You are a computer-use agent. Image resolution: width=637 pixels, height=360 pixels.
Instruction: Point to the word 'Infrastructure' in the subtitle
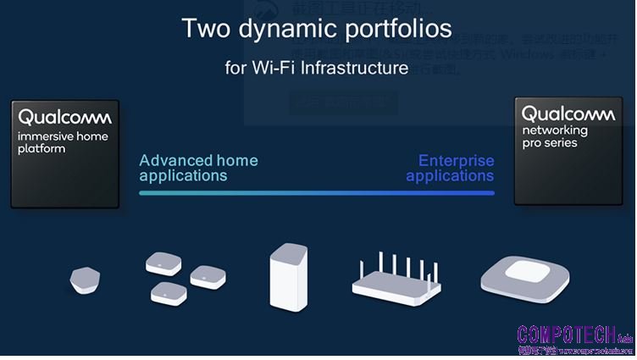coord(354,68)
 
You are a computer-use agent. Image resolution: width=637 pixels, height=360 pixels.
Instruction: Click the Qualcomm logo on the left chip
coord(64,117)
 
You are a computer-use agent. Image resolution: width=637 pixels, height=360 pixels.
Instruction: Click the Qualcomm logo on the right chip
coord(568,114)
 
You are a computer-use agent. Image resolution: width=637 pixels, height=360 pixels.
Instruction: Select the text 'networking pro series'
coord(555,137)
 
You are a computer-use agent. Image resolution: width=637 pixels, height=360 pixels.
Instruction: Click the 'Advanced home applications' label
coord(198,168)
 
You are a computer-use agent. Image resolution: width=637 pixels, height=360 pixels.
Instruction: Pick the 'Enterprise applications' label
coord(451,168)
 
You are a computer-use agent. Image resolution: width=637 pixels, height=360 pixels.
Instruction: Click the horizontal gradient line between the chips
coord(316,193)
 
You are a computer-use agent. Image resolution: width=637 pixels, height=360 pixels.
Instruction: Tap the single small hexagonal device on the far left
coord(84,279)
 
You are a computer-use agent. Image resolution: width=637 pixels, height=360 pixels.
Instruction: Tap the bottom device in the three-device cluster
coord(168,293)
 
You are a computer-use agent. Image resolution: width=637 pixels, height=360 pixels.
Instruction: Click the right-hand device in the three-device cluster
coord(207,276)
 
